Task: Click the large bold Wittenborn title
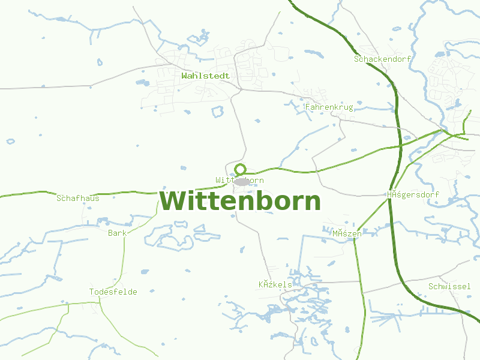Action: [240, 201]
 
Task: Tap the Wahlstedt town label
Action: [205, 76]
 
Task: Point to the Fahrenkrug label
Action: [329, 107]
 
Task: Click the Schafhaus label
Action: [78, 198]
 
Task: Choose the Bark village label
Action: [118, 233]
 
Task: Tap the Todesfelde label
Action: [113, 292]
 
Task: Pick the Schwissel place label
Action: [449, 287]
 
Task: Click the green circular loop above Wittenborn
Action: [241, 169]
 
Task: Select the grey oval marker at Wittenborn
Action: [242, 181]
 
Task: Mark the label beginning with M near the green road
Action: [347, 233]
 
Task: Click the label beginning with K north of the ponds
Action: [275, 284]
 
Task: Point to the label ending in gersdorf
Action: [413, 195]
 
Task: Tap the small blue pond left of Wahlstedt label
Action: [142, 82]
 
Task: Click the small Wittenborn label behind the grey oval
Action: [222, 180]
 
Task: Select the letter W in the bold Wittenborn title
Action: [172, 201]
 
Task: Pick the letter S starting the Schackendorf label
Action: [357, 59]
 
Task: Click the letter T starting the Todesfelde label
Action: [92, 292]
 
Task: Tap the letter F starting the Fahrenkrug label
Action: [308, 107]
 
